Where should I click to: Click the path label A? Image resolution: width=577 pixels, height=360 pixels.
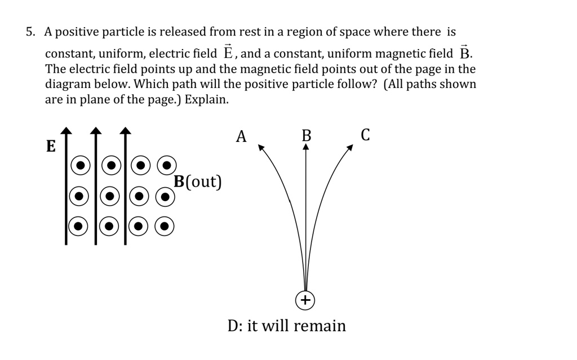(241, 137)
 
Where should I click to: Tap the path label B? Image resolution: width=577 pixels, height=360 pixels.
(306, 136)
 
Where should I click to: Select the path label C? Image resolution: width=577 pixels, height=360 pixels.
(365, 135)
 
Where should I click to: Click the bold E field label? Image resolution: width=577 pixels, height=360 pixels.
(51, 146)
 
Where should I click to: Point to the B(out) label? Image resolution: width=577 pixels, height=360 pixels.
(198, 181)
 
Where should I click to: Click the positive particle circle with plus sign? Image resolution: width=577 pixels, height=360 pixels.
(305, 300)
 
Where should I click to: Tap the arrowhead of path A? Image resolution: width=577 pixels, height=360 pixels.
(261, 148)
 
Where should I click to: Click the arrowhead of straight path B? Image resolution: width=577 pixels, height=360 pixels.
(305, 146)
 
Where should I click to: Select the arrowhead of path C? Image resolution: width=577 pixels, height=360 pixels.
(350, 148)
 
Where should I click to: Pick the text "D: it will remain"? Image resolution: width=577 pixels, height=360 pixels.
(287, 326)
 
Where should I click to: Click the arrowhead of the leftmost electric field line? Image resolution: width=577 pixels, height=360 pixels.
(66, 131)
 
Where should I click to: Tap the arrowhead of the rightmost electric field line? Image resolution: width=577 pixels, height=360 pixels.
(125, 131)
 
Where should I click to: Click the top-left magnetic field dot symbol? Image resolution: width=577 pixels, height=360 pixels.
(81, 166)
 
